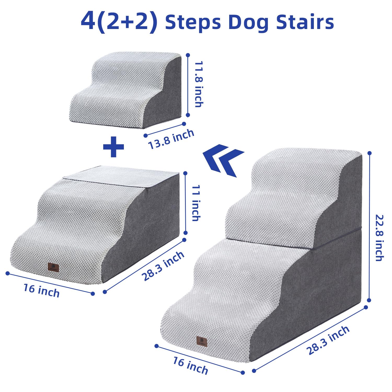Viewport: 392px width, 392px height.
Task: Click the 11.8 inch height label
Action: click(199, 84)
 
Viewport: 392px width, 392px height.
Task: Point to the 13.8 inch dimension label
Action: click(171, 139)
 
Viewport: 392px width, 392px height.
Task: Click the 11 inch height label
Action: click(196, 203)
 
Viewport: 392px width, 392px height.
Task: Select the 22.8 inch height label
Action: click(379, 238)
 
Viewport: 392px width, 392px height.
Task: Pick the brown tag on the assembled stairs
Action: click(201, 341)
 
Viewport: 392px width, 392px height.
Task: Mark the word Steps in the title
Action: click(193, 22)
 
